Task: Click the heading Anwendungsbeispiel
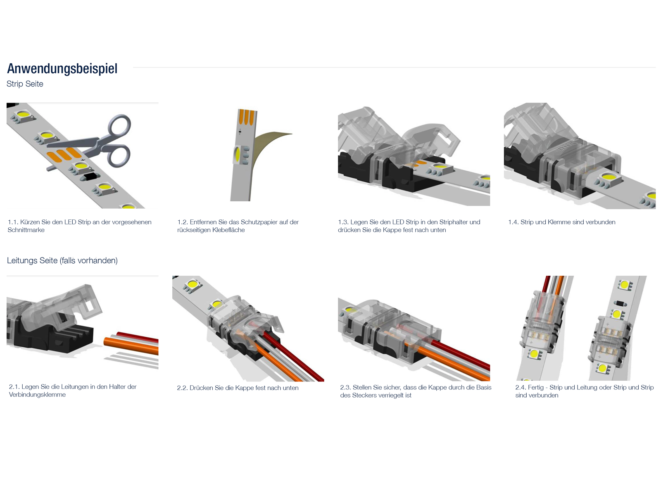(62, 69)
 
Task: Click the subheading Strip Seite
(25, 84)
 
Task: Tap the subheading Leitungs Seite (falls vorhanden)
(62, 261)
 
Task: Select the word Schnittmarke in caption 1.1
(26, 230)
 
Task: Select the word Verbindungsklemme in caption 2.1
(37, 395)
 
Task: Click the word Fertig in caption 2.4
(535, 388)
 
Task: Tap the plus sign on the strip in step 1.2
(240, 132)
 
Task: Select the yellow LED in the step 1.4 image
(609, 178)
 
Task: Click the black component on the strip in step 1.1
(90, 177)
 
